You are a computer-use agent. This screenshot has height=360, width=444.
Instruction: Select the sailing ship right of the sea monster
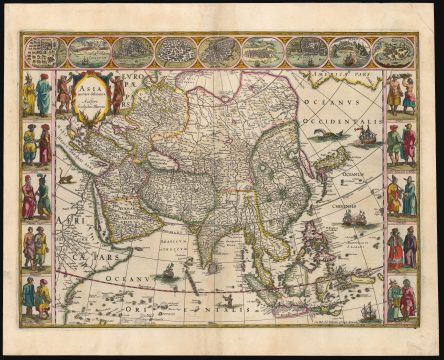click(366, 132)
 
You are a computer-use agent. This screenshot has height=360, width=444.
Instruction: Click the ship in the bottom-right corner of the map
click(368, 310)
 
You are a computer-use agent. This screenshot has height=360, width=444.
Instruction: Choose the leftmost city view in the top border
click(44, 50)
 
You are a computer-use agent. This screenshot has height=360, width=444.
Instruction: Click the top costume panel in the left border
click(37, 94)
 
